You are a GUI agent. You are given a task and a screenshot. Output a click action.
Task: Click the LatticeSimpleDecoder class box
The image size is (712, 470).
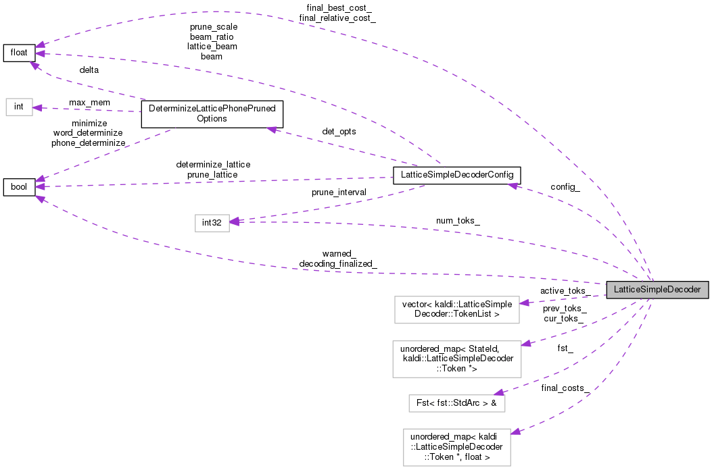657,290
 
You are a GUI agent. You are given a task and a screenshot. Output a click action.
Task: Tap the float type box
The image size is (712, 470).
19,53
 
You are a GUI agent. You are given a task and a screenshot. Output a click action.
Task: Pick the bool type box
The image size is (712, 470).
19,186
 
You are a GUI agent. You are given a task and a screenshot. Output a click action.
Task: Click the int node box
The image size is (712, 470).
19,107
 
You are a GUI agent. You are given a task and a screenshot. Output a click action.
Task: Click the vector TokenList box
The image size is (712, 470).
456,308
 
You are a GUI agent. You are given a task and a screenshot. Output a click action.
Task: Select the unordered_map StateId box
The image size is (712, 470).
456,359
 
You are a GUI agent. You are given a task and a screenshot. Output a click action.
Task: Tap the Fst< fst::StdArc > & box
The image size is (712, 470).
456,403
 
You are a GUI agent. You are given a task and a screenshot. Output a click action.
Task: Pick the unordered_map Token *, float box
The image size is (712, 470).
456,446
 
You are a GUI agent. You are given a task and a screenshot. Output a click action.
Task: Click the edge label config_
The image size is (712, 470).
565,186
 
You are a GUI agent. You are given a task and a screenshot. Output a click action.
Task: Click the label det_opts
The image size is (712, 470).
338,131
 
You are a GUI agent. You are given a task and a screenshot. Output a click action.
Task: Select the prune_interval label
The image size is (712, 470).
339,192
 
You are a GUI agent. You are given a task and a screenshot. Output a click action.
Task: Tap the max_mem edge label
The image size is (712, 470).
90,102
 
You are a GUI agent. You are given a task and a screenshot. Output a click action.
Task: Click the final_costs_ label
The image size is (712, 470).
565,388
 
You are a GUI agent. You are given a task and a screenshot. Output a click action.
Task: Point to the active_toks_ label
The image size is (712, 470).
565,290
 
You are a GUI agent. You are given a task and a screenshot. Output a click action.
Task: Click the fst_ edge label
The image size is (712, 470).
565,348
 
